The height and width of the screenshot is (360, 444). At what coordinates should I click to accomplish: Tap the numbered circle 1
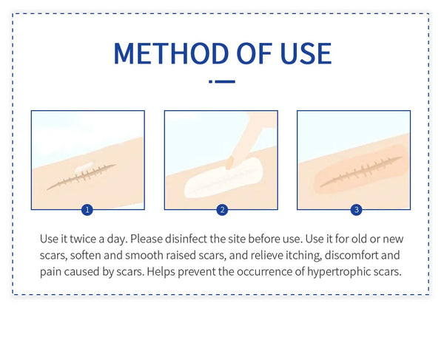click(x=87, y=210)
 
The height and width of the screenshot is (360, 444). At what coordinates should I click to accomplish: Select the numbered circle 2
click(x=222, y=210)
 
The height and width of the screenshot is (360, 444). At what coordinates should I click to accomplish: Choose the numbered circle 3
click(x=356, y=210)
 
